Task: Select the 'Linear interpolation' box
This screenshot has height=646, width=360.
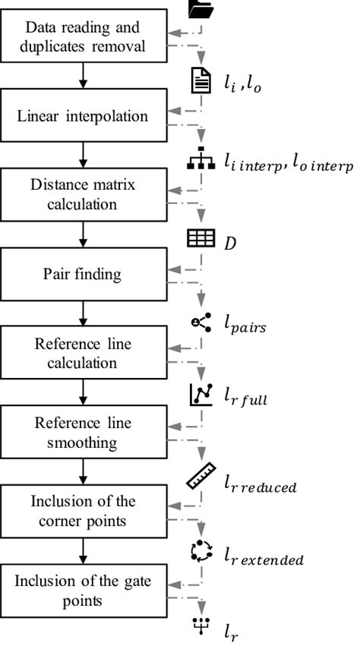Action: (84, 117)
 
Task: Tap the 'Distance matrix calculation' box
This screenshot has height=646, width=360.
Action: (84, 195)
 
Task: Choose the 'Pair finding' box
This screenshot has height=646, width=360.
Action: (84, 274)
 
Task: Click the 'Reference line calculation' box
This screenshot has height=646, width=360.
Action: (84, 354)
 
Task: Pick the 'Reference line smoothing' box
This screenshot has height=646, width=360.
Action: (84, 433)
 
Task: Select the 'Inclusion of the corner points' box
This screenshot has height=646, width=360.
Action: (84, 512)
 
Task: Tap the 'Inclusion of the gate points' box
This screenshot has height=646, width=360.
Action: (84, 591)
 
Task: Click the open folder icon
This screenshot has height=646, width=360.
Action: (201, 8)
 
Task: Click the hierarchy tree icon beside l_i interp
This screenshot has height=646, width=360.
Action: (201, 162)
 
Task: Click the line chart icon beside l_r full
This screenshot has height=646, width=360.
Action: (201, 395)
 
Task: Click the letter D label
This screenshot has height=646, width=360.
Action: (229, 242)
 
